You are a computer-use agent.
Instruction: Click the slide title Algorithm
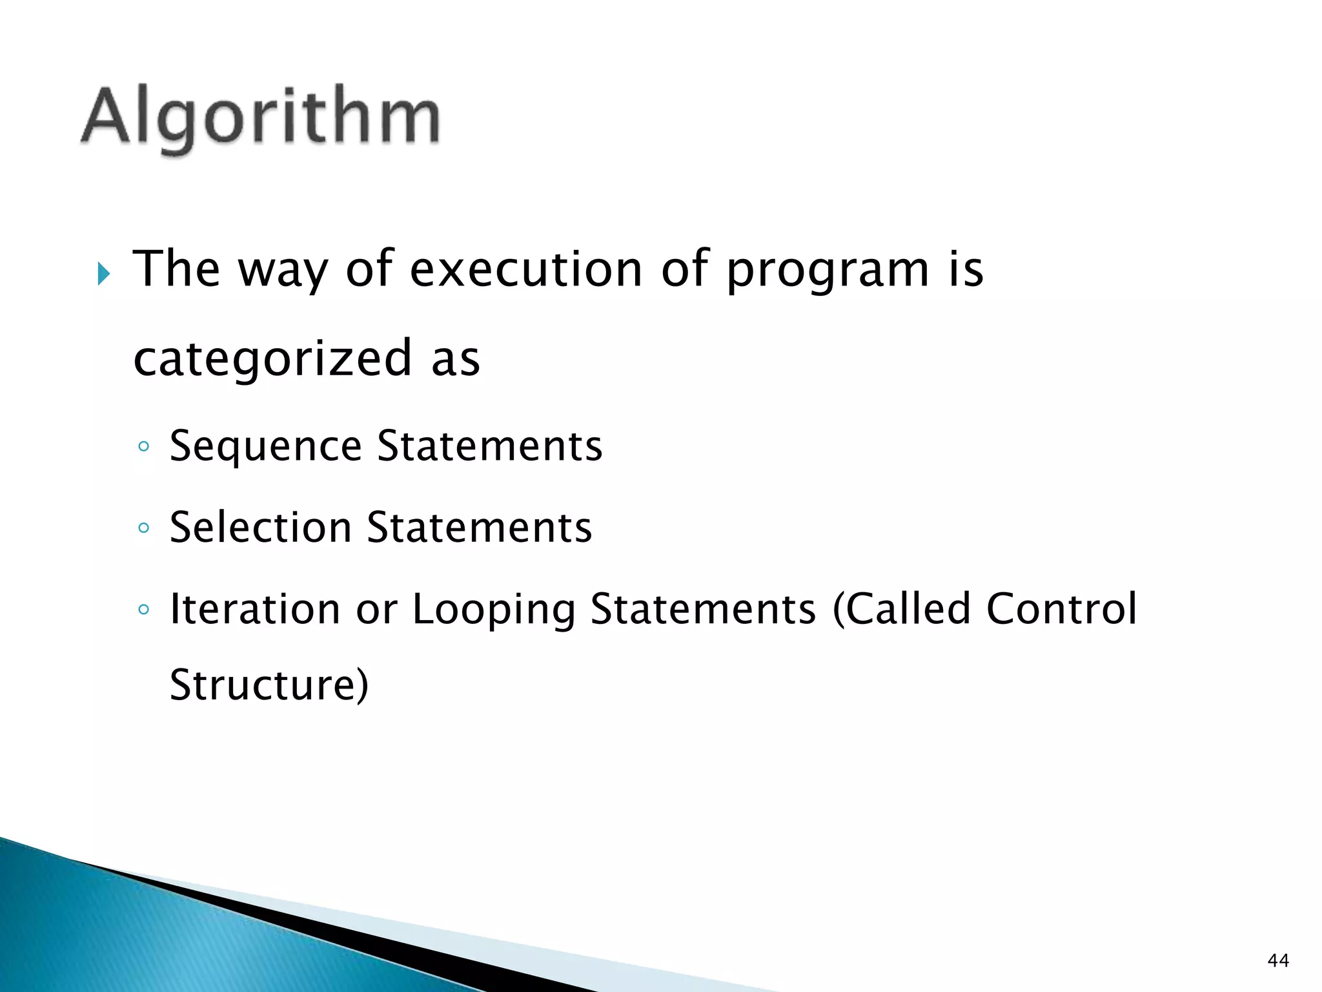point(260,118)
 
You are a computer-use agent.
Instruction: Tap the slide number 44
point(1278,960)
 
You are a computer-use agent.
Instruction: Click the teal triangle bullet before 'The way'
point(104,274)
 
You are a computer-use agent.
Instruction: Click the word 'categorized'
point(272,359)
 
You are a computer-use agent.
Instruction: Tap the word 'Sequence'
point(265,447)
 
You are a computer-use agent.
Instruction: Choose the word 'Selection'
point(260,528)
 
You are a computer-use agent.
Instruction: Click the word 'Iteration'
point(254,609)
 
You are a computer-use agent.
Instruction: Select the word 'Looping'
point(493,610)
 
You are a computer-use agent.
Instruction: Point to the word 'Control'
point(1061,609)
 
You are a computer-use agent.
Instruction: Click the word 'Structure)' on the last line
point(269,685)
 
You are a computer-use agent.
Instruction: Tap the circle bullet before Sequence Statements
point(144,447)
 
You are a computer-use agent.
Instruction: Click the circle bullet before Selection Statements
point(144,528)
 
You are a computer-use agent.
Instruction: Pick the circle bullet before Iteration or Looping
point(144,610)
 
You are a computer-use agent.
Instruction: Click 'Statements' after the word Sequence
point(489,446)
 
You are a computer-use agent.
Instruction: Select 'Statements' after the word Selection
point(479,528)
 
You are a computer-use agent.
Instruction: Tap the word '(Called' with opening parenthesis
point(901,609)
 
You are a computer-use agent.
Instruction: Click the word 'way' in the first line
point(283,270)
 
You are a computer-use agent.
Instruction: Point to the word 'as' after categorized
point(456,359)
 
